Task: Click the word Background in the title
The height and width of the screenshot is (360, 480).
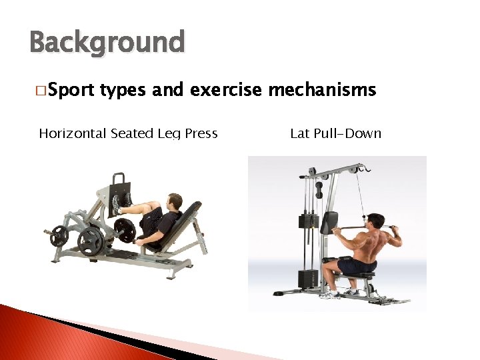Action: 107,43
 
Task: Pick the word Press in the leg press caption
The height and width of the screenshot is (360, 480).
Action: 201,133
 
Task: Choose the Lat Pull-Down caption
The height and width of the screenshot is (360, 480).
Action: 335,133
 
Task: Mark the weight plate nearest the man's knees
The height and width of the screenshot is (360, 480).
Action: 124,230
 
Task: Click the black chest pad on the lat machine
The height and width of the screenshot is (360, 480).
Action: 328,223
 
